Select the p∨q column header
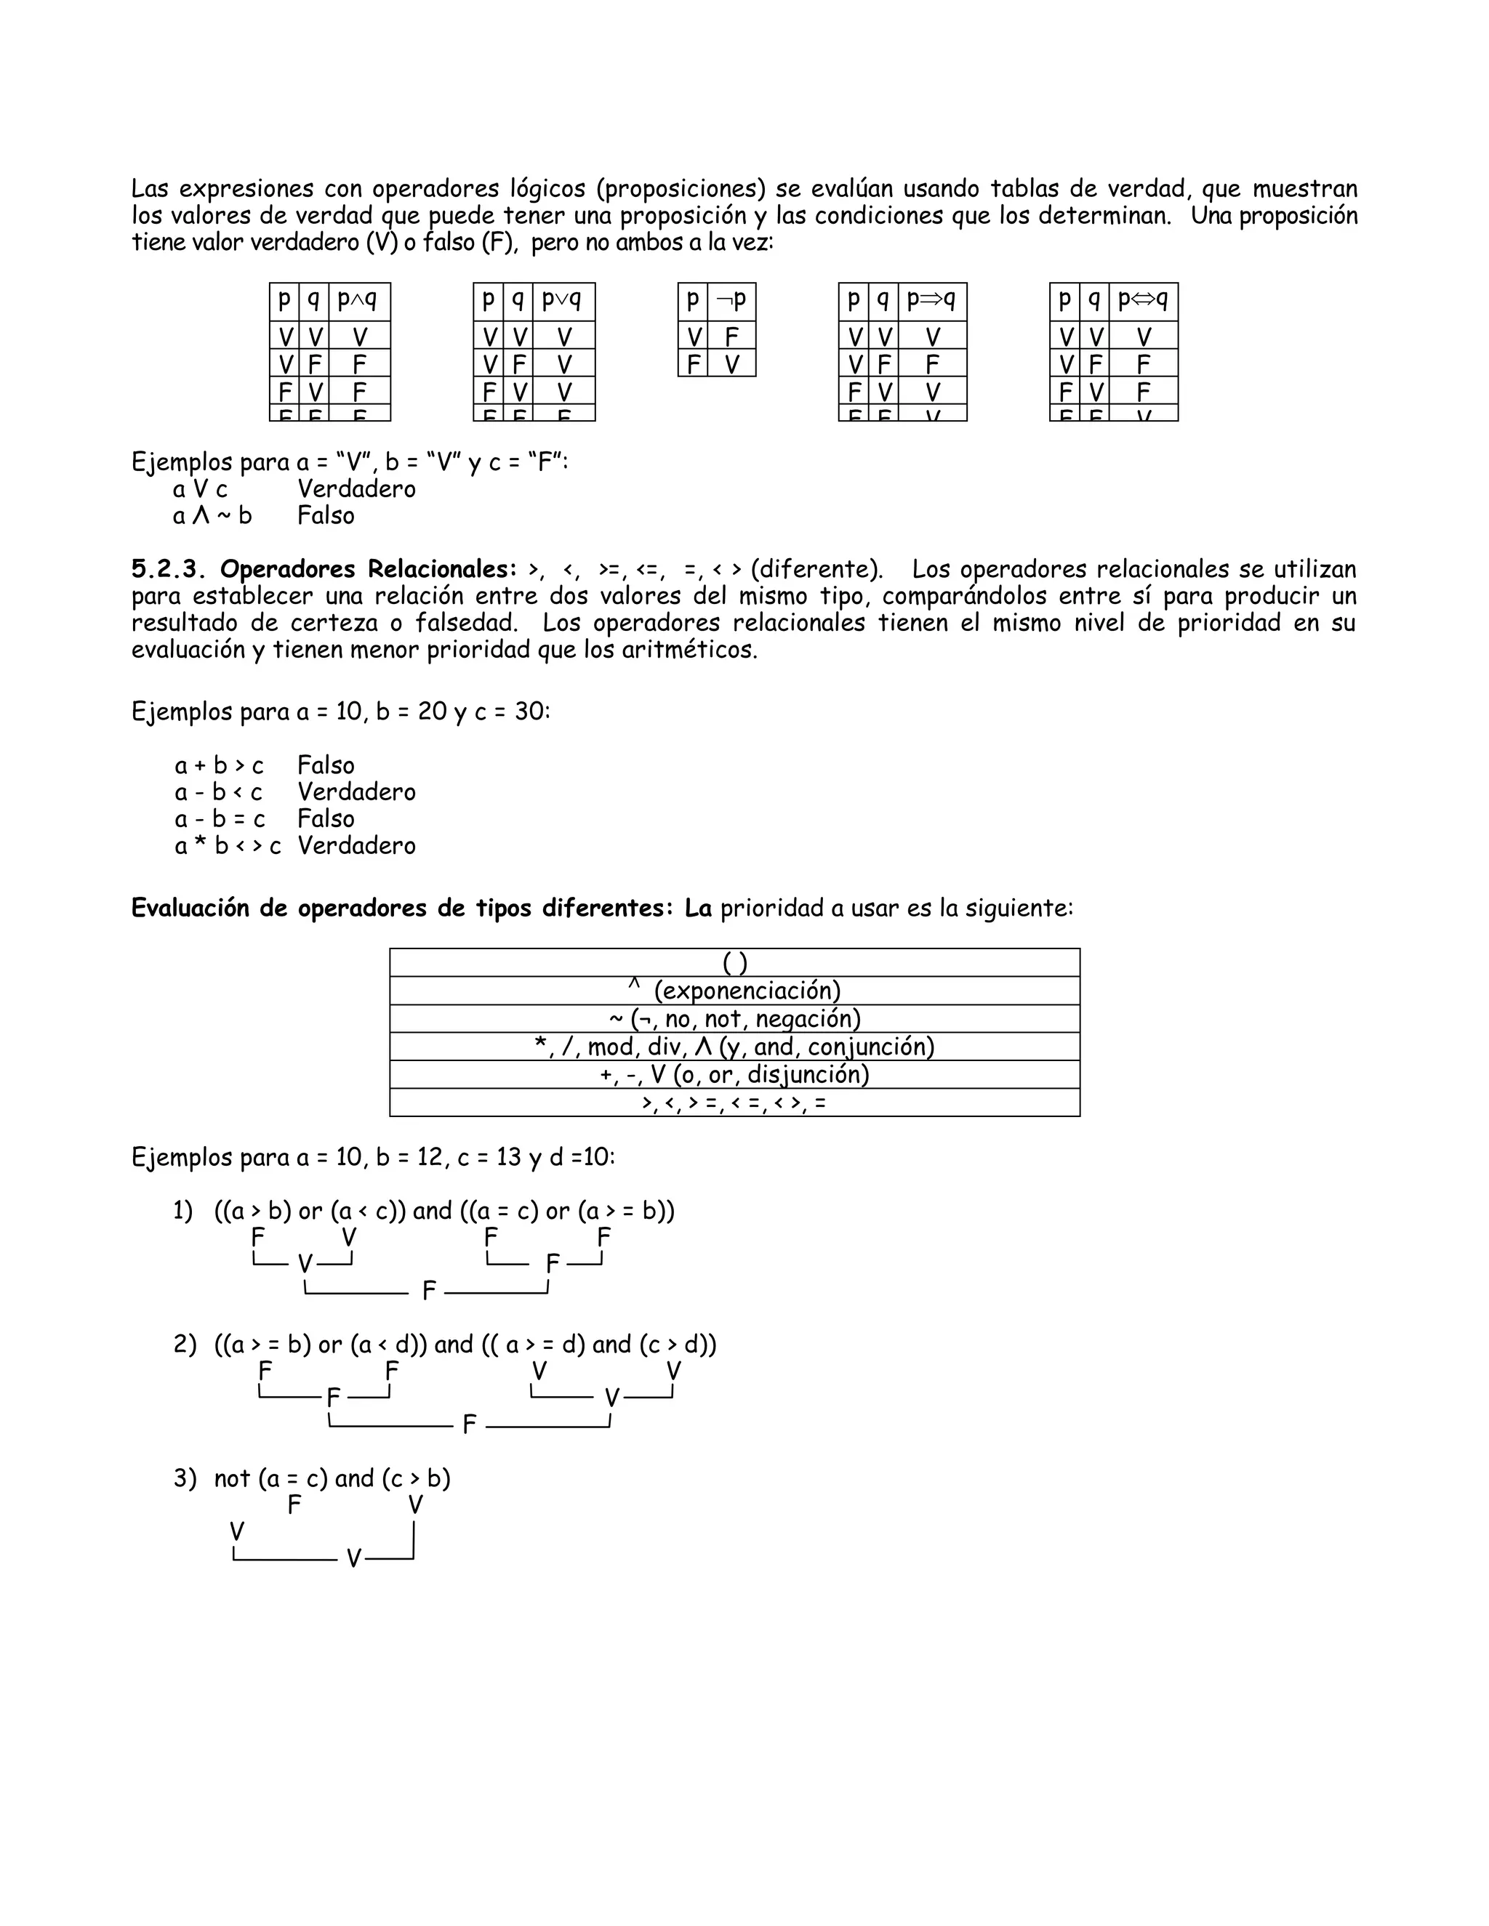click(x=563, y=302)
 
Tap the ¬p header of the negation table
click(x=731, y=302)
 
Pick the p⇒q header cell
click(x=931, y=302)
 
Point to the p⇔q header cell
click(x=1143, y=302)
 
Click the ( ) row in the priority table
click(x=735, y=963)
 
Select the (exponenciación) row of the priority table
click(x=735, y=991)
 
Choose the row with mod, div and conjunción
click(x=735, y=1047)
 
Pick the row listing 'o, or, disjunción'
click(x=735, y=1075)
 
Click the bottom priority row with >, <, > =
click(x=735, y=1103)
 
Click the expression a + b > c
click(x=219, y=765)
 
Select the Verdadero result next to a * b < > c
click(x=356, y=846)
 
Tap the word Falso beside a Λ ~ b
click(x=326, y=516)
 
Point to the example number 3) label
click(x=185, y=1479)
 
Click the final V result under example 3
click(x=354, y=1559)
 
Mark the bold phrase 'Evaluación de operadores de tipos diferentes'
click(x=402, y=908)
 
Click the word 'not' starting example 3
click(x=232, y=1479)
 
